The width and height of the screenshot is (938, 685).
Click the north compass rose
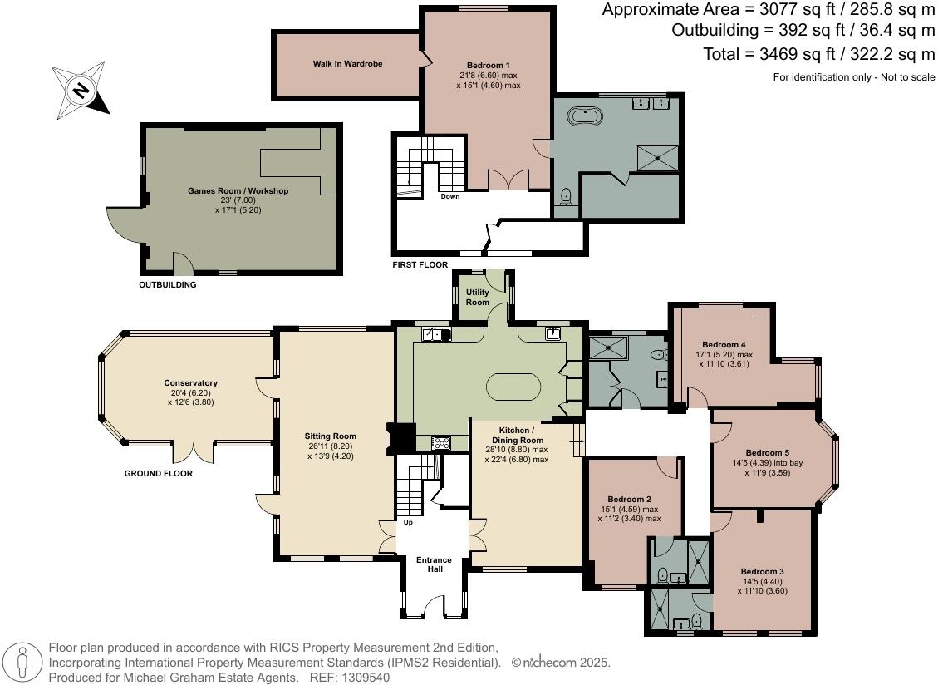click(81, 90)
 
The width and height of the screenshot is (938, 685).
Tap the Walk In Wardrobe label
click(347, 63)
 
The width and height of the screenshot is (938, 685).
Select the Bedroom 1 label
click(489, 66)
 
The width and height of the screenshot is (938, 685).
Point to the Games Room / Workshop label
click(238, 191)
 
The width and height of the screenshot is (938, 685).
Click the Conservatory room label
click(190, 383)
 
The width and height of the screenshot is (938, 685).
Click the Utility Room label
click(478, 297)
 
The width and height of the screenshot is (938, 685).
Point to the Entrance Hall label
click(434, 564)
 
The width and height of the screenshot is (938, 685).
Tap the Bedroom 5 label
click(766, 453)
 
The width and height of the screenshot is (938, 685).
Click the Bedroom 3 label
click(762, 572)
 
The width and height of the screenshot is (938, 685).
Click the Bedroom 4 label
click(723, 344)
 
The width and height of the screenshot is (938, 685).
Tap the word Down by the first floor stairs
click(451, 197)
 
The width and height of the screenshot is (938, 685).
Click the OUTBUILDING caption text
click(168, 285)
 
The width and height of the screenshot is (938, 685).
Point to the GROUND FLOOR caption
click(158, 474)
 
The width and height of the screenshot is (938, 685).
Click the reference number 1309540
click(361, 678)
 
